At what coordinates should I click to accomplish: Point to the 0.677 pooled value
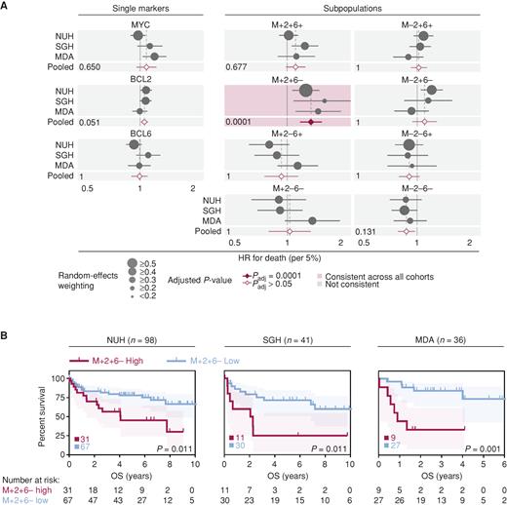pos(237,67)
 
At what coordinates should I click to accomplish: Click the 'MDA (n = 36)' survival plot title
pos(421,345)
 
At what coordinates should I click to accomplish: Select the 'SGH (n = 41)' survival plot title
pos(282,345)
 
